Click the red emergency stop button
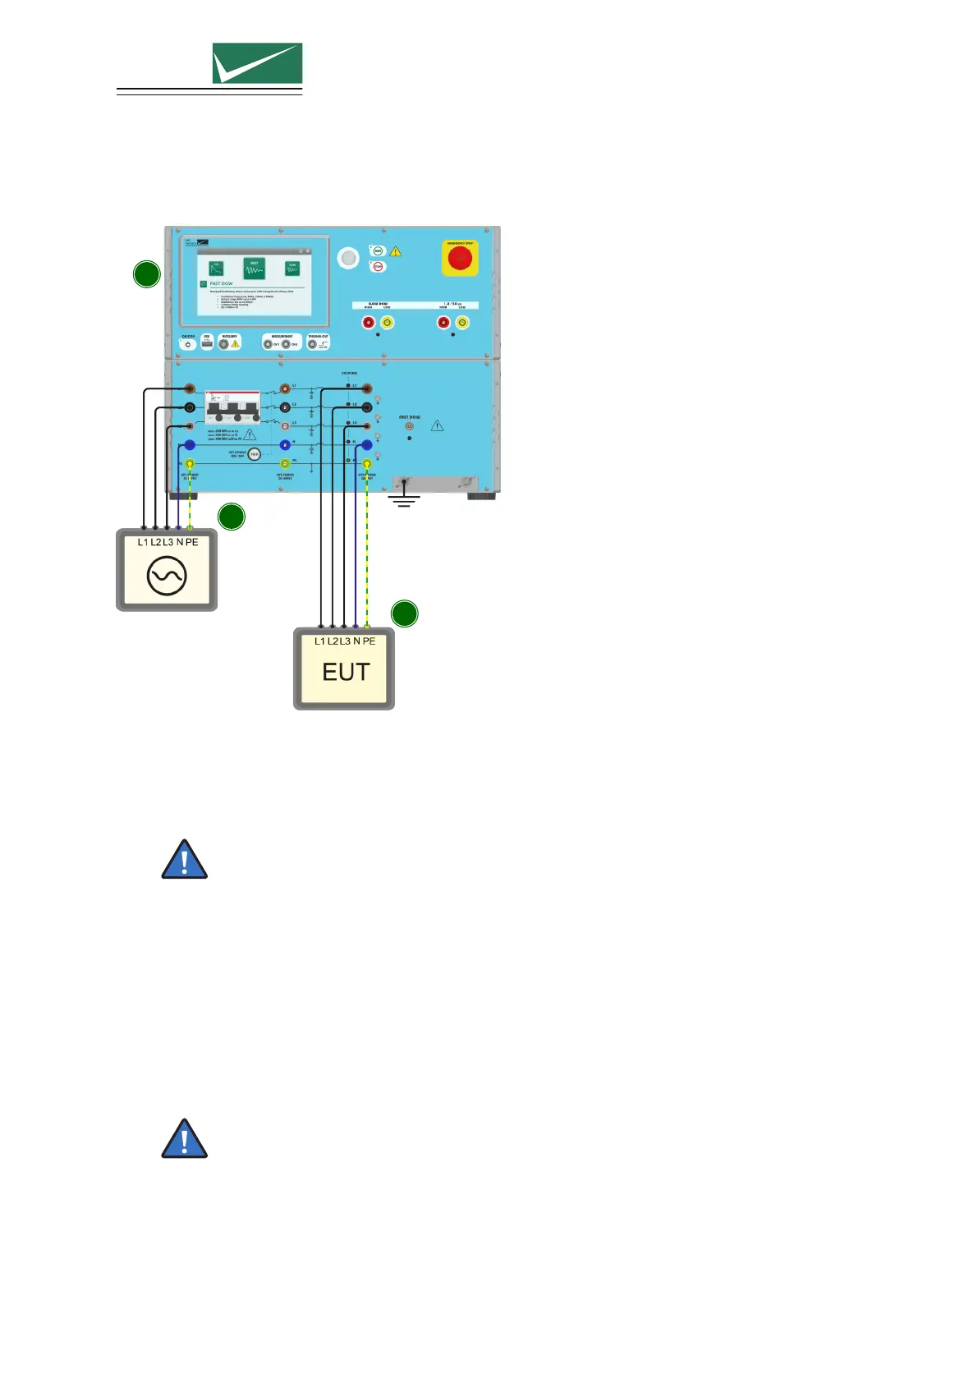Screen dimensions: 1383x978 coord(460,259)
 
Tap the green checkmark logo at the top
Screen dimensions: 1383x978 coord(257,63)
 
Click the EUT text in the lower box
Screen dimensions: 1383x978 coord(346,673)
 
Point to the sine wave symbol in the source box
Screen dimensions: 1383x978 coord(167,576)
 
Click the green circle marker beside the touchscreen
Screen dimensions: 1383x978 coord(147,273)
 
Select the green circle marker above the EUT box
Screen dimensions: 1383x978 coord(404,613)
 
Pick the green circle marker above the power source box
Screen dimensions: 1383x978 coord(232,517)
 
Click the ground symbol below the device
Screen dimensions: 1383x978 coord(403,498)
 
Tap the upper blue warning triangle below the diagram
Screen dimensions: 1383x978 coord(185,860)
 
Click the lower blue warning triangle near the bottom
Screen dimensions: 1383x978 coord(185,1139)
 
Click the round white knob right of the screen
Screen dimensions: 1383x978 coord(348,258)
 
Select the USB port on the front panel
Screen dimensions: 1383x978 coord(207,344)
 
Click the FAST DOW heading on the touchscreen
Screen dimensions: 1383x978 coord(221,283)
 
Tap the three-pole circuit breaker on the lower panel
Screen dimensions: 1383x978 coord(232,407)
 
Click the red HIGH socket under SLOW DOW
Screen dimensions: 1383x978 coord(369,323)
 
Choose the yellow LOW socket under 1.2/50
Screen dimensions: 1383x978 coord(462,323)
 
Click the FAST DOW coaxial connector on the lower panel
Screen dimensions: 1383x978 coord(409,426)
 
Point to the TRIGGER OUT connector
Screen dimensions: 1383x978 coord(313,344)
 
